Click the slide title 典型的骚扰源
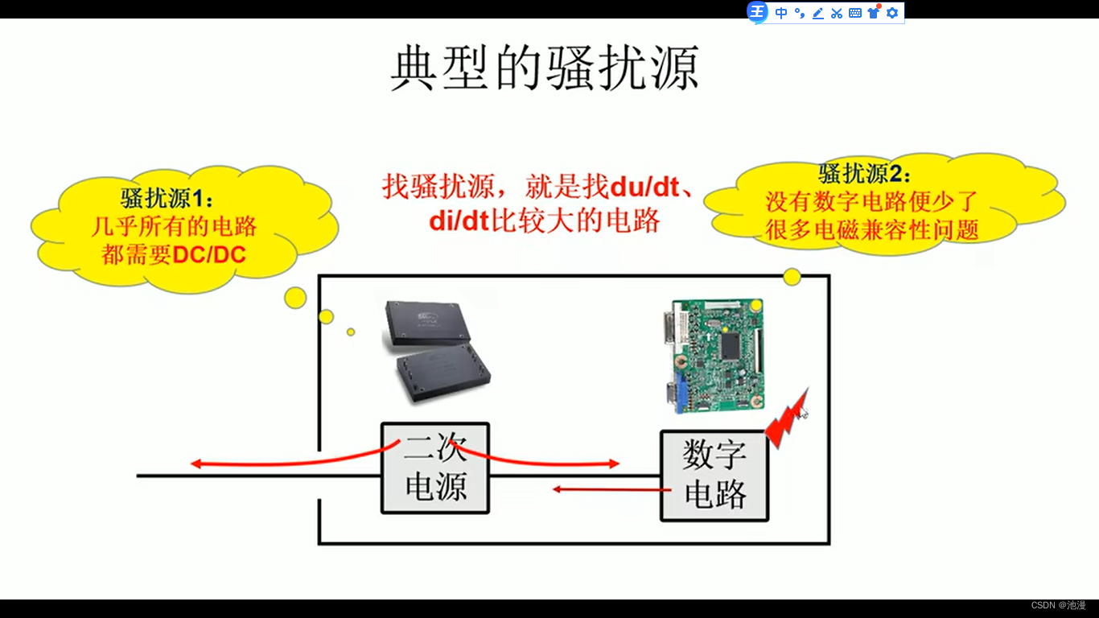545,68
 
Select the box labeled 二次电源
435,468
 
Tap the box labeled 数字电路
714,476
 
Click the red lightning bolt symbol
785,418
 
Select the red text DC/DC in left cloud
210,255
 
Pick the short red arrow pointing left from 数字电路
611,488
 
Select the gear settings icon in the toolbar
891,13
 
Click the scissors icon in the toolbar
837,13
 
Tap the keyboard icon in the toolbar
855,13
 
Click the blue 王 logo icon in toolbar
757,12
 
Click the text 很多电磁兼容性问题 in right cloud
872,230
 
